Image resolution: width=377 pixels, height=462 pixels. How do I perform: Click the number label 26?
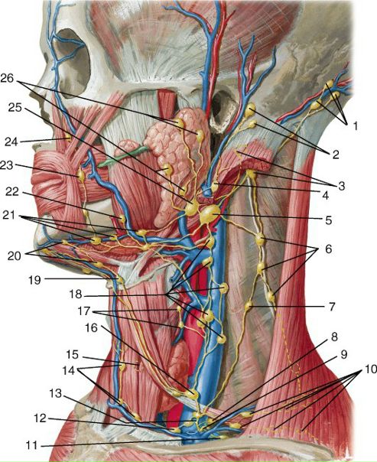(x=7, y=78)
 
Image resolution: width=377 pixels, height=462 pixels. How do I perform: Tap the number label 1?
(x=355, y=126)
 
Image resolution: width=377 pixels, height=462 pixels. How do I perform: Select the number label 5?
(x=329, y=220)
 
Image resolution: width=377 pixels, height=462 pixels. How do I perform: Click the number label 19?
(x=34, y=279)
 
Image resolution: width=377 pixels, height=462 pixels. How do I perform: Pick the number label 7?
(x=332, y=307)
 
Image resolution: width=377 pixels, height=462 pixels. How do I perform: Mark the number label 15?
(x=72, y=354)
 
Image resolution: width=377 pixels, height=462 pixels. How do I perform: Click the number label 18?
(x=75, y=294)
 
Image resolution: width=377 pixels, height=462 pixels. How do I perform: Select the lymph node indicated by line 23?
(x=81, y=175)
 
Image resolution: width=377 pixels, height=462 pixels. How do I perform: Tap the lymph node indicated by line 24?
(x=69, y=138)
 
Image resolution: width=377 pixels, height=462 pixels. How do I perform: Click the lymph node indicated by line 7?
(x=249, y=306)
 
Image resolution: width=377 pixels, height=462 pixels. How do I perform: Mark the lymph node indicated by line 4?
(x=215, y=187)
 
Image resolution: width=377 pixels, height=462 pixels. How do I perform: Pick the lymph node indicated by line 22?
(x=122, y=219)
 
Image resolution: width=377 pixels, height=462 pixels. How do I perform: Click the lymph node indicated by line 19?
(x=119, y=280)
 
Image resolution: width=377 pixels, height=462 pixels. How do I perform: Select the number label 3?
(x=341, y=186)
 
